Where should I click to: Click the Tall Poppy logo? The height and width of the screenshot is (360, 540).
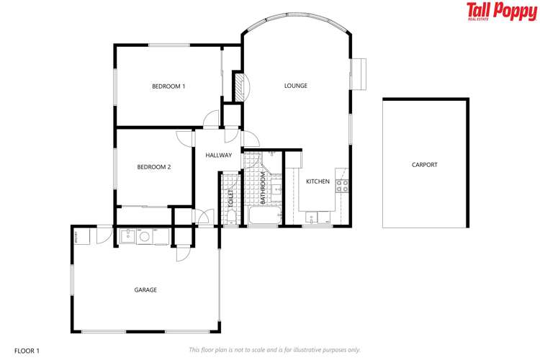coord(500,12)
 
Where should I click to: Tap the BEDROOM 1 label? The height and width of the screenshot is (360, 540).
coord(168,86)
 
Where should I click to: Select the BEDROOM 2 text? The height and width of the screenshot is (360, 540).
coord(154,167)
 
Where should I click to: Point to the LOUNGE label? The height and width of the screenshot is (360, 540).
coord(295,86)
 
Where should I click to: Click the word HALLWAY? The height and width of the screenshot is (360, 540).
coord(218,156)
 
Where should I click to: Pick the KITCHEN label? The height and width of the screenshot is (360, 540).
coord(318,181)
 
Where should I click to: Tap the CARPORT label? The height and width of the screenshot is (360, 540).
coord(424,165)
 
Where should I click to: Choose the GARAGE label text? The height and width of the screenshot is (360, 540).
coord(145,290)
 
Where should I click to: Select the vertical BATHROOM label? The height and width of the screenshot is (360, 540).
coord(264,188)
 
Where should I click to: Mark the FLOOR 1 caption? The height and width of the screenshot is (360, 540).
coord(27,351)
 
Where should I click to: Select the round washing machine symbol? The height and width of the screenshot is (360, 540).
coord(144,235)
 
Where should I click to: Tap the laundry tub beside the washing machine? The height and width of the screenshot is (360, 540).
coord(127,235)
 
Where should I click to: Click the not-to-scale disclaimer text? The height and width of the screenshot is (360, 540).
coord(274,350)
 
